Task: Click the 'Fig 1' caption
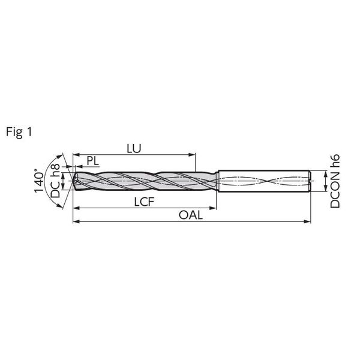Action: pos(19,132)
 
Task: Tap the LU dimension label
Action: pos(134,149)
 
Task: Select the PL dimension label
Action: pos(93,161)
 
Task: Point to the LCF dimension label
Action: pos(144,202)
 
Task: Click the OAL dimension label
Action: pos(191,215)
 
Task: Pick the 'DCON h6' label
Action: pos(335,181)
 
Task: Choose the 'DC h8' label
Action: pos(55,181)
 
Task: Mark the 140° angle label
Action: pos(39,181)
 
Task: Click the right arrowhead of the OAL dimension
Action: pos(307,221)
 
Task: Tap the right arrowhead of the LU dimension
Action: pos(192,155)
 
